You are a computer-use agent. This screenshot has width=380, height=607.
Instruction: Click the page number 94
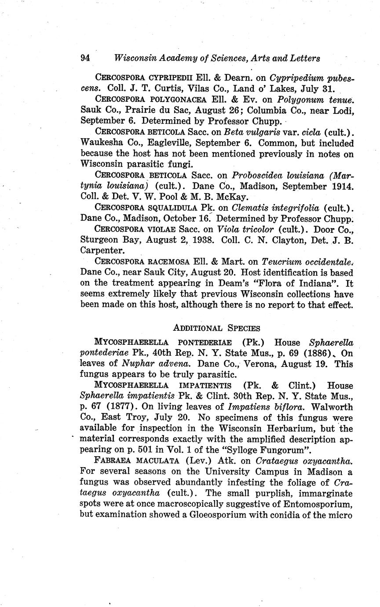pos(85,58)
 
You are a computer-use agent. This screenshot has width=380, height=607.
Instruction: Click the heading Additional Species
pos(217,328)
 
